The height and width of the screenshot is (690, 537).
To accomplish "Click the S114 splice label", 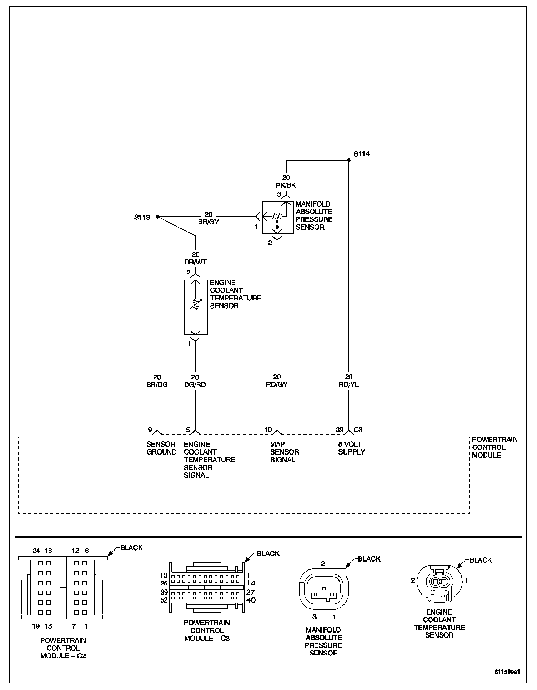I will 361,154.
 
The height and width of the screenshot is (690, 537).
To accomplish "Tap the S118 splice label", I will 142,217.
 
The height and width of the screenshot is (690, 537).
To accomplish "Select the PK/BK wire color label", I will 286,185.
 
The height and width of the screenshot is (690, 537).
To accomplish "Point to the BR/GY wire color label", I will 209,222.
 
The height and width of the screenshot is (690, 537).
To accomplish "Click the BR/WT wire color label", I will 196,262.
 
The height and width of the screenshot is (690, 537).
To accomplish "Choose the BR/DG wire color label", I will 157,385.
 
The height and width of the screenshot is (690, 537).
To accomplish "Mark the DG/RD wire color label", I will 195,385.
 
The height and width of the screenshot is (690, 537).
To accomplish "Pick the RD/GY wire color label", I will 277,385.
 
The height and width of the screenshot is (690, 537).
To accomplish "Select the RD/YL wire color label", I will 349,385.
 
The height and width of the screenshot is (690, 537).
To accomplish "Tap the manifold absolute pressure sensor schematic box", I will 278,217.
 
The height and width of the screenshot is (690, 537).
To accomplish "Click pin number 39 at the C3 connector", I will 340,430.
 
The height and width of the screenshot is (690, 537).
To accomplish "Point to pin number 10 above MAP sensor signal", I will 268,430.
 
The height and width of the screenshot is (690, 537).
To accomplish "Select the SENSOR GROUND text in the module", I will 161,448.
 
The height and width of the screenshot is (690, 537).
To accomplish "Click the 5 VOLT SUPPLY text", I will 352,448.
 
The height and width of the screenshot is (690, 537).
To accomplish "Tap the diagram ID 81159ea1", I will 507,671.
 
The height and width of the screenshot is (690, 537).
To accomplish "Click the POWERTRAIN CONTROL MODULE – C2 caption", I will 63,648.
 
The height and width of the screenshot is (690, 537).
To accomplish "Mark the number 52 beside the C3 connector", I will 164,600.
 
